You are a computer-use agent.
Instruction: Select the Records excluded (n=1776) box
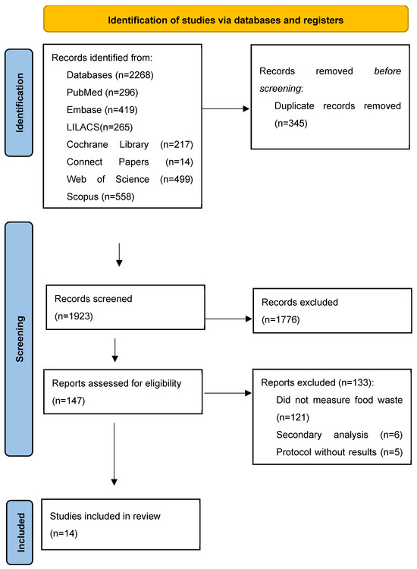tap(330, 313)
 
